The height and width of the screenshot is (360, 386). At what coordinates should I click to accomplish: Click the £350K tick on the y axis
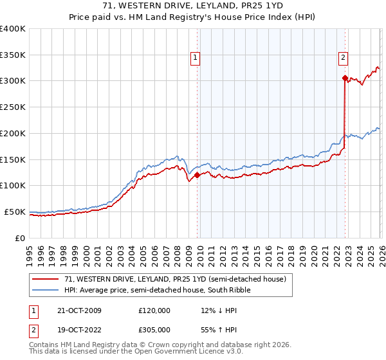[x=13, y=55]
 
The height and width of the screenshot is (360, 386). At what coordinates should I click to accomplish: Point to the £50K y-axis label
[x=15, y=212]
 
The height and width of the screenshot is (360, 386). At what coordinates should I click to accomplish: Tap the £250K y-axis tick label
[x=13, y=107]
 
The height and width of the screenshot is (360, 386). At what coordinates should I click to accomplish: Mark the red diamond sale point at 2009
[x=197, y=174]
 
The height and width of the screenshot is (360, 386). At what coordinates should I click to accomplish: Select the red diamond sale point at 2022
[x=345, y=78]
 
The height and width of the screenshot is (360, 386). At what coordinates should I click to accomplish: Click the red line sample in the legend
[x=47, y=279]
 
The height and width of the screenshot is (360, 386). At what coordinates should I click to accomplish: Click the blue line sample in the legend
[x=47, y=290]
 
